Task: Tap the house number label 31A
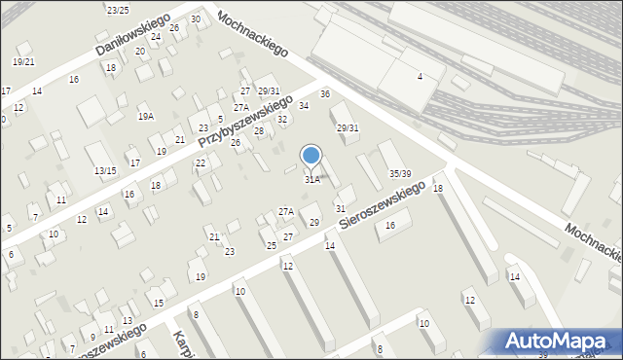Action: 312,179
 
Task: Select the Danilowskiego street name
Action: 132,34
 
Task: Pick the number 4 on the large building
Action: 420,76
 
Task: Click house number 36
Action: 325,93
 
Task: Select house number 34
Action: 304,105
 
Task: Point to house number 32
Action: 282,120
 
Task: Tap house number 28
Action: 259,130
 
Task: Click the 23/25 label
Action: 118,10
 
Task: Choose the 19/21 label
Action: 23,61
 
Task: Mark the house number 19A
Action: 146,116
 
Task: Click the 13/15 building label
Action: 105,171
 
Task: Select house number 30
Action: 196,19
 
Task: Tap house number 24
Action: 156,36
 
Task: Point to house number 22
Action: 201,162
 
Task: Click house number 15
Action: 158,303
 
